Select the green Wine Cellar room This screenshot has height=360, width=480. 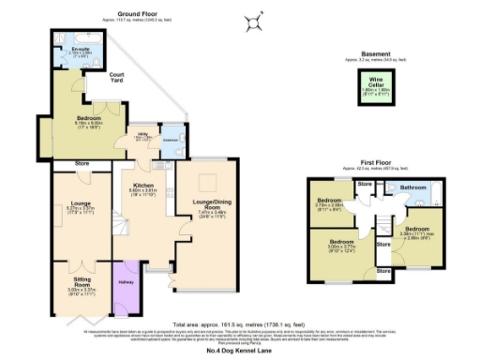pos(375,88)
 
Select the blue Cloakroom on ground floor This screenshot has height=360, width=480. pos(171,142)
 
